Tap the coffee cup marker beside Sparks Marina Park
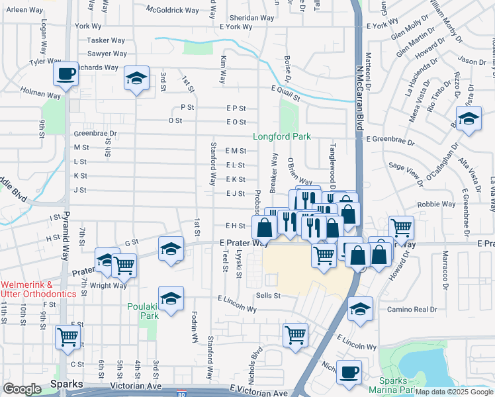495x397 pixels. coord(349,372)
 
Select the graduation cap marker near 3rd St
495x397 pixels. coord(136,81)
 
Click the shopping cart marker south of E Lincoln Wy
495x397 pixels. coord(295,335)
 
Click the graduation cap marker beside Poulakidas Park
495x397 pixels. coord(171,298)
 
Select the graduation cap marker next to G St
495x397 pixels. coord(171,249)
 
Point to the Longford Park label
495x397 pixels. coord(282,137)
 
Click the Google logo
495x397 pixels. coord(22,389)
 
